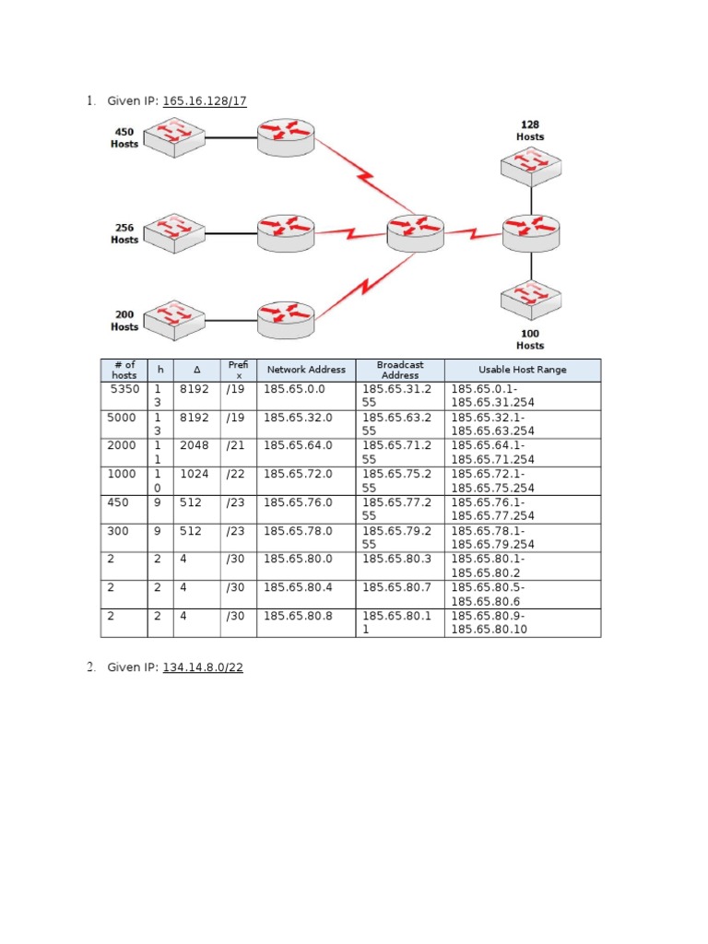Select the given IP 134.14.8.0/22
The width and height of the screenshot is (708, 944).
click(203, 667)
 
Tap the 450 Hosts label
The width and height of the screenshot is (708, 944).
click(124, 137)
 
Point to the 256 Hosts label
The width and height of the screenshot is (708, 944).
click(124, 233)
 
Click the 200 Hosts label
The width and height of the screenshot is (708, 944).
click(124, 321)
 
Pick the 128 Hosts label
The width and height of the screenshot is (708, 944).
click(530, 130)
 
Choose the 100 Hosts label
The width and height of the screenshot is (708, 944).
click(530, 339)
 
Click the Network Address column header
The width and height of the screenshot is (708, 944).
click(306, 370)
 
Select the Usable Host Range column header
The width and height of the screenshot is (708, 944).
click(522, 370)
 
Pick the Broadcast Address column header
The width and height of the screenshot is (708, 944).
click(399, 370)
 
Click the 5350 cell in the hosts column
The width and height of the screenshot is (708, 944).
click(124, 390)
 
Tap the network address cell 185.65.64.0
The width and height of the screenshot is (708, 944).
click(298, 445)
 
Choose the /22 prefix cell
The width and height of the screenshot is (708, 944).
click(236, 473)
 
